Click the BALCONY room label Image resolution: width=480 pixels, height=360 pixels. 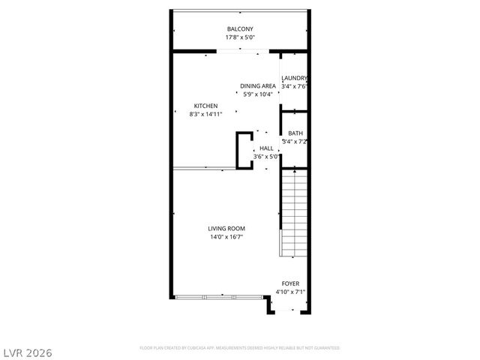[x=240, y=29]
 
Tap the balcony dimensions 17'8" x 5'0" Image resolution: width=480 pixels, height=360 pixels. [x=240, y=37]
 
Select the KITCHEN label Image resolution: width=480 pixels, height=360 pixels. [x=205, y=106]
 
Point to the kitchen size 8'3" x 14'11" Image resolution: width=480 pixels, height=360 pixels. [x=205, y=115]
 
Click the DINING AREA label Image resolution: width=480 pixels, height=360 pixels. [x=257, y=86]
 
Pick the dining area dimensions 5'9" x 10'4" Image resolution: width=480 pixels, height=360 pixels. [x=257, y=94]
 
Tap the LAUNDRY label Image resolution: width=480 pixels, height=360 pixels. [x=294, y=78]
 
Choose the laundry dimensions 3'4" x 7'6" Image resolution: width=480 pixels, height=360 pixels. [x=294, y=86]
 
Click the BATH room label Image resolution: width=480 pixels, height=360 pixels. [x=295, y=133]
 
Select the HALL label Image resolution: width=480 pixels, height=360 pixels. [x=266, y=148]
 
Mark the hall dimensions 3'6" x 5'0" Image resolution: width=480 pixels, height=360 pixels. [x=266, y=157]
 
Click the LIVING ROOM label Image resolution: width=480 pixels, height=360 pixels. [x=226, y=229]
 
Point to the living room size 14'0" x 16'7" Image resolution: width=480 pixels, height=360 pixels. [x=226, y=237]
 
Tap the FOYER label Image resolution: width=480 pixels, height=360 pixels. [x=290, y=283]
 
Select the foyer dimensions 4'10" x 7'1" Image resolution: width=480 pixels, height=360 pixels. [x=290, y=292]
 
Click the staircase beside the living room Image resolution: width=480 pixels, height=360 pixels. [x=294, y=214]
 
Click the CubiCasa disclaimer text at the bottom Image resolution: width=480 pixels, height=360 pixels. [x=240, y=348]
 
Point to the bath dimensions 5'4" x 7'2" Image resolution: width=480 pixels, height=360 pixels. [x=295, y=142]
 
